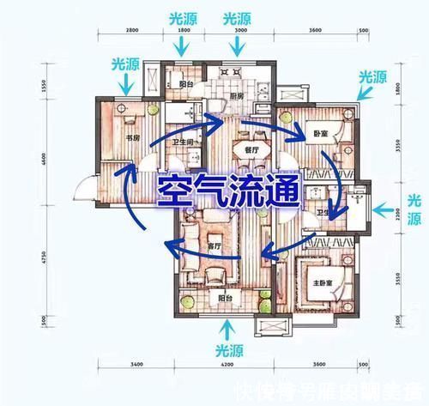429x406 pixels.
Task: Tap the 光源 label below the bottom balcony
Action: click(x=228, y=352)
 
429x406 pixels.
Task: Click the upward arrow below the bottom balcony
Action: click(x=228, y=329)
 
